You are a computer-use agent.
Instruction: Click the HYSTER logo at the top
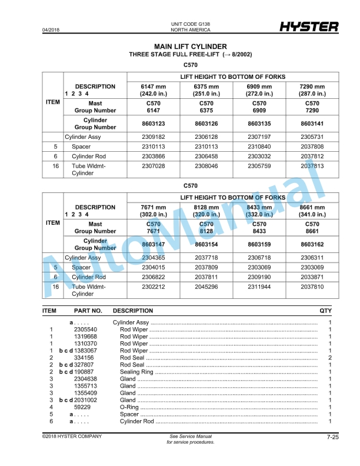[309, 26]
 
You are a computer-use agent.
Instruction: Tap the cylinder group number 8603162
[312, 244]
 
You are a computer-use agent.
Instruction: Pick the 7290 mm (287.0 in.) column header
[312, 90]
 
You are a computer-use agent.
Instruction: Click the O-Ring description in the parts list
[129, 407]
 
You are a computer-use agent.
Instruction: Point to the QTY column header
[325, 310]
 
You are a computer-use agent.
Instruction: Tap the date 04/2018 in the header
[51, 29]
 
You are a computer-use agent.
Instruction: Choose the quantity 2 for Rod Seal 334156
[330, 357]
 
